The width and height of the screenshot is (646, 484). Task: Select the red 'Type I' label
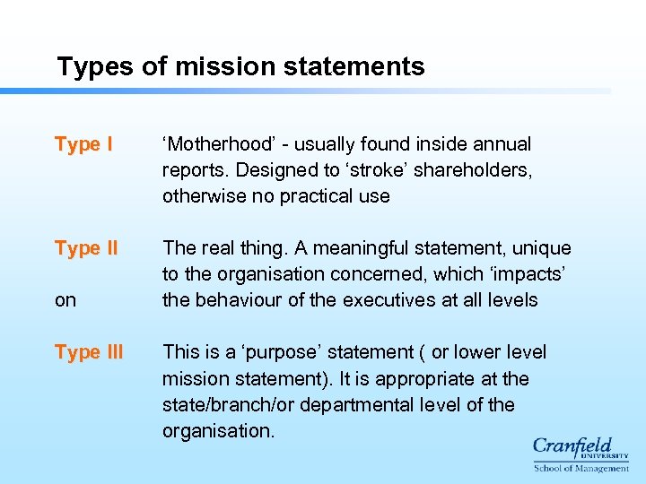pyautogui.click(x=83, y=144)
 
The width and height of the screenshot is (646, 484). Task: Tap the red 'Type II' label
pyautogui.click(x=86, y=248)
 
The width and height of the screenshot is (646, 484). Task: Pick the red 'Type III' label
pyautogui.click(x=89, y=352)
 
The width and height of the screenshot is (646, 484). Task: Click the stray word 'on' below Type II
pyautogui.click(x=65, y=300)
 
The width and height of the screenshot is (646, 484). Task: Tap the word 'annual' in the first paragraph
pyautogui.click(x=502, y=144)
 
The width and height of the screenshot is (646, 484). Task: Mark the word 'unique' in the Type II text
pyautogui.click(x=539, y=248)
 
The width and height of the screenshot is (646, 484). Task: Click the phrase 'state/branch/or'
pyautogui.click(x=228, y=404)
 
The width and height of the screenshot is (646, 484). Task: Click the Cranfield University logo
pyautogui.click(x=581, y=454)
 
